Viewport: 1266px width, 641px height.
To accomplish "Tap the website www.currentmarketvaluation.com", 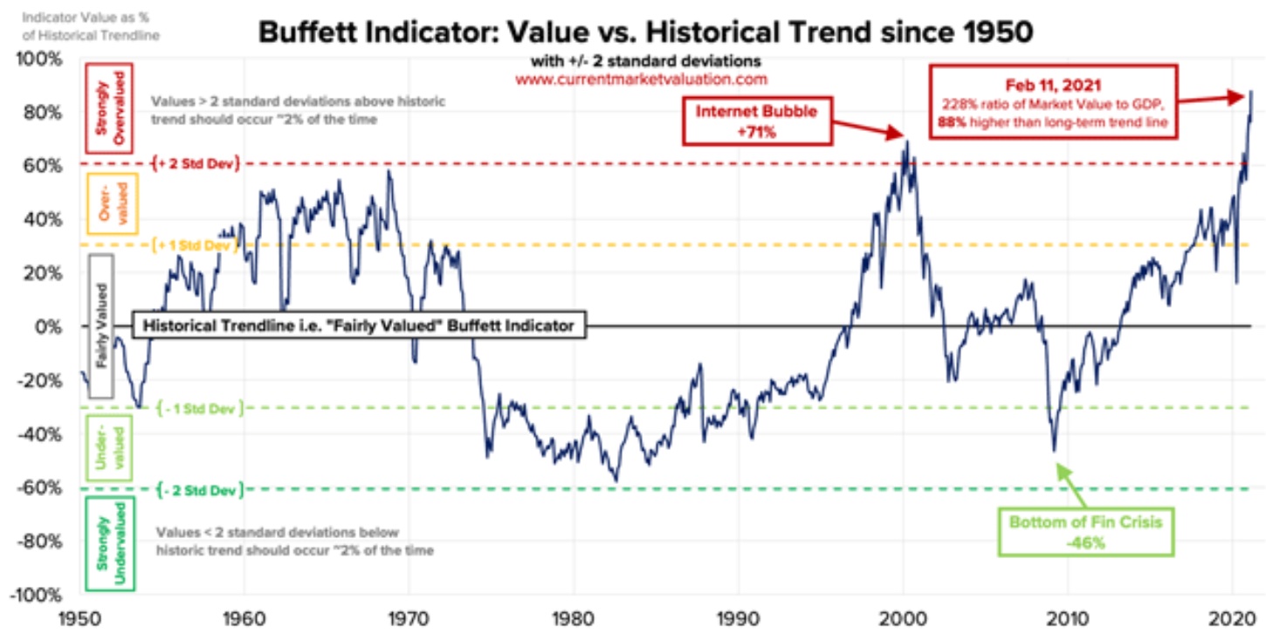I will coord(641,79).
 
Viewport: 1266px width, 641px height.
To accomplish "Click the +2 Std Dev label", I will coord(196,163).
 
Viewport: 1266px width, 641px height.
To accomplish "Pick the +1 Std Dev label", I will coord(196,245).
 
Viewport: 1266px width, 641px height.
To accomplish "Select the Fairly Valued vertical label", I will coord(102,326).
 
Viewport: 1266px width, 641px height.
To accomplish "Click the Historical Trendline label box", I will coord(358,326).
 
